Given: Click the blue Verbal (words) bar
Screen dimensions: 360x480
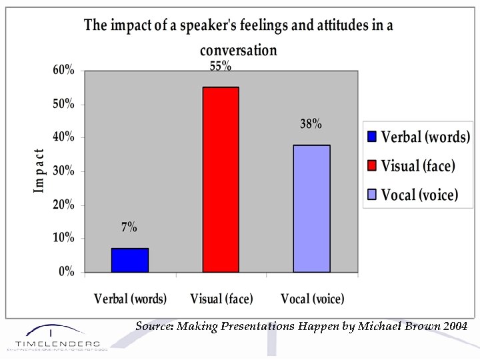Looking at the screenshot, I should tap(130, 260).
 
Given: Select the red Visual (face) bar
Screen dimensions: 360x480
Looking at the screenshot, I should tap(221, 179).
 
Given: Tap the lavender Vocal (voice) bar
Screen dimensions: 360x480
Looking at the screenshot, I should tap(311, 208).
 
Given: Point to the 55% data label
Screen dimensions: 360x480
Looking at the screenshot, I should tap(221, 66).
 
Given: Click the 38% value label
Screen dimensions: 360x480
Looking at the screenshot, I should tap(311, 124).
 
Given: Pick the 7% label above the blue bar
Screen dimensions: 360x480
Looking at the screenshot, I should tap(129, 227).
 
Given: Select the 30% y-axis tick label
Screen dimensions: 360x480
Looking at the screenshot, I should tap(64, 171).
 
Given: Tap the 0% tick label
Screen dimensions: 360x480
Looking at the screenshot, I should tap(67, 272).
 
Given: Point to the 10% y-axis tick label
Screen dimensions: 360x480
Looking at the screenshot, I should tap(64, 238).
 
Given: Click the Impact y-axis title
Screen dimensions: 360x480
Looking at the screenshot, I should tap(39, 171).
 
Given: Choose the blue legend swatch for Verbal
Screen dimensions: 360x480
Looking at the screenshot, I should tap(372, 137).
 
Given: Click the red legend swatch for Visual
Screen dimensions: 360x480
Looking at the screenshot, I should tap(372, 166).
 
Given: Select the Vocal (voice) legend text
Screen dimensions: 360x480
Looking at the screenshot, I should tap(419, 195).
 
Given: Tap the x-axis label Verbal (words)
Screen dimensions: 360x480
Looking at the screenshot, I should tap(131, 299).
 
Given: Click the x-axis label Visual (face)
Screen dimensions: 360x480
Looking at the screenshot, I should tap(221, 299).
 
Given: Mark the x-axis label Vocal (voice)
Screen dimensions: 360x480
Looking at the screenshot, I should tap(313, 299).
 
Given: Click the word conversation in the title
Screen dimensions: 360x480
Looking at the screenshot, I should tap(238, 50).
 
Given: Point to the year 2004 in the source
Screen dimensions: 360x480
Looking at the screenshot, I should tap(453, 326).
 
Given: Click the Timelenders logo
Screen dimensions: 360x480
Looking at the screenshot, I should tap(53, 338).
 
